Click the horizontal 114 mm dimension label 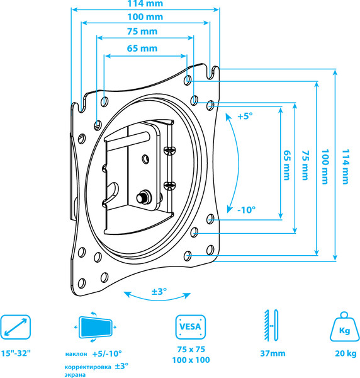(145, 3)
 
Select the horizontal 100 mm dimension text (145, 17)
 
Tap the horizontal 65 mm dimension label (142, 49)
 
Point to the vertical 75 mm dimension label (305, 165)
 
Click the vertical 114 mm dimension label (346, 166)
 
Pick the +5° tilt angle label (245, 116)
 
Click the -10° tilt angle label (246, 210)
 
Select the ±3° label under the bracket (159, 292)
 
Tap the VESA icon (191, 327)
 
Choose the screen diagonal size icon (16, 327)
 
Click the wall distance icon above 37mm (271, 325)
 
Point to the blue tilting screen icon (96, 327)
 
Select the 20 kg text (346, 353)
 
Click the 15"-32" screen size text (16, 353)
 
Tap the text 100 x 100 (191, 360)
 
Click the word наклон (76, 354)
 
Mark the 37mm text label (273, 353)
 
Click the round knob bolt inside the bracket (143, 197)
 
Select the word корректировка (88, 367)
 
